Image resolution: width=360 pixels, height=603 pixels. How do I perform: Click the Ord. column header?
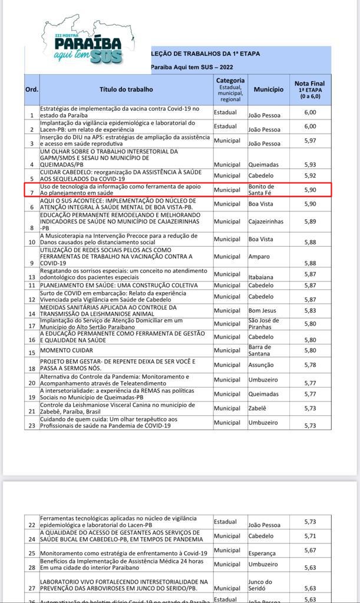coord(31,90)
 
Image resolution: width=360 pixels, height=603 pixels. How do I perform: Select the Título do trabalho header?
coord(126,90)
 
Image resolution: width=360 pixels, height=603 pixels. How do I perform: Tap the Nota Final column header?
coord(309,89)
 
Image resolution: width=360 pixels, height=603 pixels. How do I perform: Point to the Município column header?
coord(268,90)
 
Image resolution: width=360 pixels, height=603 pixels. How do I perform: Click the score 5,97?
coord(310,140)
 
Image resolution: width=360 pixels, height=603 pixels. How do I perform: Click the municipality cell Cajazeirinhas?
coord(266,221)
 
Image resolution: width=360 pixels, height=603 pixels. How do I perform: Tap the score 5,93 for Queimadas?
coord(310,164)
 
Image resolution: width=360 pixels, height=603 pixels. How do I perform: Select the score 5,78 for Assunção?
coord(310,365)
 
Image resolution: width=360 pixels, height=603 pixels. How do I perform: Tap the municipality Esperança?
coord(262,553)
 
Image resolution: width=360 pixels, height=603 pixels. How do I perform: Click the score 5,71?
coord(310,536)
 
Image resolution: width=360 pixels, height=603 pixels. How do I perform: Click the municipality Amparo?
coord(260,257)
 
